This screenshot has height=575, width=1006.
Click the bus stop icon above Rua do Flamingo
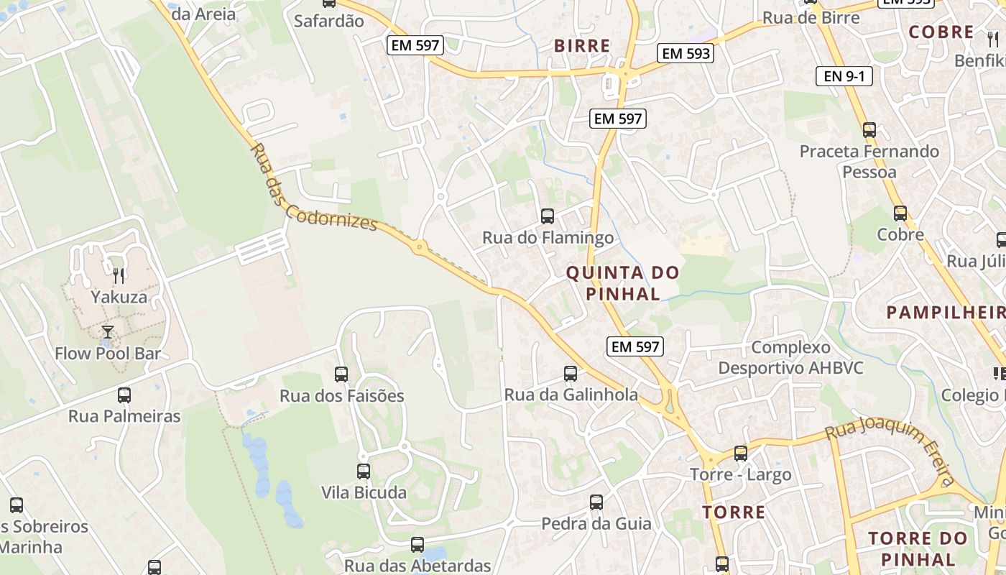pos(548,216)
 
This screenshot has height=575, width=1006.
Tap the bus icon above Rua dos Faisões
pos(341,374)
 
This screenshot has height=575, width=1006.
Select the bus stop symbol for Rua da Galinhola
pos(571,374)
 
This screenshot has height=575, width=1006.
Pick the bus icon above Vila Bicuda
pos(364,471)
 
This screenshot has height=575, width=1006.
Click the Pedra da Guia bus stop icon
pos(596,502)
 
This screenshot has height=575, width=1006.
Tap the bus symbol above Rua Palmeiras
pos(124,395)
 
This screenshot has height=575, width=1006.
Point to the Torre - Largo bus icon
pos(741,454)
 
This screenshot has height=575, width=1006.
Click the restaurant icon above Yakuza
pos(119,275)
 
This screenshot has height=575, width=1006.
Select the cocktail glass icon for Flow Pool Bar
pos(108,331)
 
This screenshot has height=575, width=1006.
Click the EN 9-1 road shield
pos(844,76)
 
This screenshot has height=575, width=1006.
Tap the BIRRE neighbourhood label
pos(582,46)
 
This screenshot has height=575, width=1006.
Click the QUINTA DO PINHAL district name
pos(622,283)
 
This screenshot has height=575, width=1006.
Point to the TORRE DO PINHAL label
pos(918,549)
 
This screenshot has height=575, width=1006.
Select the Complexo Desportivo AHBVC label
pos(790,358)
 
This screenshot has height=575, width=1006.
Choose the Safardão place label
pos(329,21)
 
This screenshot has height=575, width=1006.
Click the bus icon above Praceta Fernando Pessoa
pos(869,130)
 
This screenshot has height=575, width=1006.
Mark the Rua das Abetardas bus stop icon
pos(417,545)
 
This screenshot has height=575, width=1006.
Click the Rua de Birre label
pos(811,18)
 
